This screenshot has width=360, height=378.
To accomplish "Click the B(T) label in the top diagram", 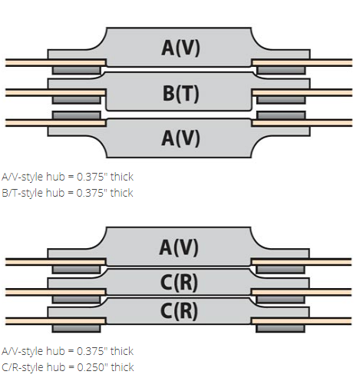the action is coord(181,93).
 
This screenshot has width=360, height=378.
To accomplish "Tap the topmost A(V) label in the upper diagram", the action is coord(180,48).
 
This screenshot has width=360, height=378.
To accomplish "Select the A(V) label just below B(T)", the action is coord(180,138).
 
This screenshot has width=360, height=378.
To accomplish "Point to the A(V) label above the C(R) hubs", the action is coord(179,247).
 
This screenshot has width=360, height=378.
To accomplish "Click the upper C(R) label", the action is coord(179,283).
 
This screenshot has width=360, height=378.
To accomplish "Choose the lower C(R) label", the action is coord(179,310).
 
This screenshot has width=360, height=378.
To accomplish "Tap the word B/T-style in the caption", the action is coord(22,193).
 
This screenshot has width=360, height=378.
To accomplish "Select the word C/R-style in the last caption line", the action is coord(23,367).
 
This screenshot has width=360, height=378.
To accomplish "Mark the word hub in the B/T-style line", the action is coord(55,193).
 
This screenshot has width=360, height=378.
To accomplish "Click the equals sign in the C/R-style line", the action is coord(71,368).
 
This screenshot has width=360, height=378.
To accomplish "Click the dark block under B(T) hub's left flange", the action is coord(76,100).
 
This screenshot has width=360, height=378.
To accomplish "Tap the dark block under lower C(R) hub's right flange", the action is coord(280,329).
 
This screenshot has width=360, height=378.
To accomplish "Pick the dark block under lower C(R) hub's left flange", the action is coord(76,329).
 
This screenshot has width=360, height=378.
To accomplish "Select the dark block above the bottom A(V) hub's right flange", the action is coord(281,115).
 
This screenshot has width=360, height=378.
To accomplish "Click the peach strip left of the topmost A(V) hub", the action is coord(55,62).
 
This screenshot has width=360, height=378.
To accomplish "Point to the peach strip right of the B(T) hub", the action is coord(302,92).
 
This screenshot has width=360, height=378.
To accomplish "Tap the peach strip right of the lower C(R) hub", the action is coord(302,321).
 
